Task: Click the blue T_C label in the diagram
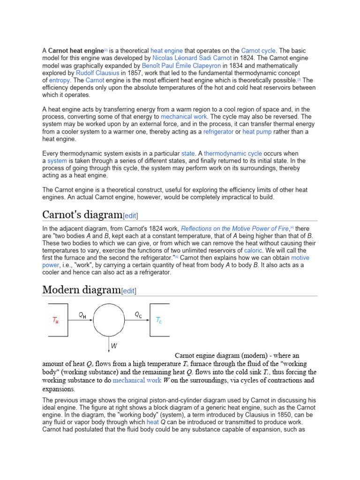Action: pyautogui.click(x=159, y=321)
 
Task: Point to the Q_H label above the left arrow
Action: pyautogui.click(x=82, y=315)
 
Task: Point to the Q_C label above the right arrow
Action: pyautogui.click(x=138, y=315)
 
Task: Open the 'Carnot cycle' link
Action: pyautogui.click(x=259, y=50)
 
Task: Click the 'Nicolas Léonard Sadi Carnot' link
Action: pyautogui.click(x=192, y=58)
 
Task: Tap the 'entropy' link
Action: pyautogui.click(x=59, y=81)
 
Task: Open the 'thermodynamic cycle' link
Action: pyautogui.click(x=233, y=153)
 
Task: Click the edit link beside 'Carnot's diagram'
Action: pyautogui.click(x=130, y=216)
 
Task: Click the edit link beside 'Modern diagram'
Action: pyautogui.click(x=128, y=291)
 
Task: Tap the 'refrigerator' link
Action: pyautogui.click(x=218, y=132)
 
